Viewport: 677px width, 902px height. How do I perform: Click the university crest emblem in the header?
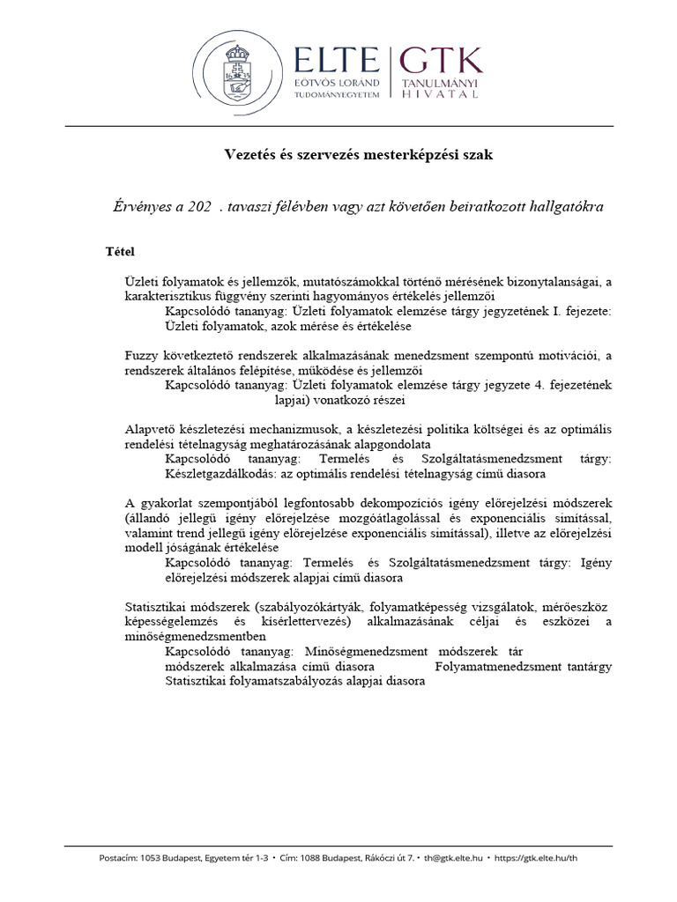coord(239,71)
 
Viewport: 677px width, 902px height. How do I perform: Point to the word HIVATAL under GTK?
coord(442,94)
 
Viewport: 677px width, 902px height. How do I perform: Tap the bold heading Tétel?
coord(120,252)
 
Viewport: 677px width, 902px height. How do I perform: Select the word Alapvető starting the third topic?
coord(152,429)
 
